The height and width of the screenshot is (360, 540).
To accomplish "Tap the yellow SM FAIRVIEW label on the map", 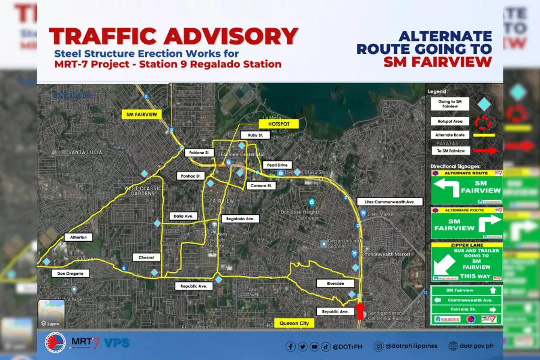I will click(142, 113).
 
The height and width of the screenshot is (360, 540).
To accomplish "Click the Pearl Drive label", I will click(276, 165).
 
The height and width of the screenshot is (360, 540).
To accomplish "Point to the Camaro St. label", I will click(260, 186).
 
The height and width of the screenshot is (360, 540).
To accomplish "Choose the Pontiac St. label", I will click(191, 176).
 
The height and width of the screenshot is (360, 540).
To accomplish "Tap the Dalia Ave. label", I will click(183, 216).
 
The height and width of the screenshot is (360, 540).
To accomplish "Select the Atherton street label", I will click(79, 238).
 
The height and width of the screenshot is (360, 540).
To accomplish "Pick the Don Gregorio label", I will click(70, 274).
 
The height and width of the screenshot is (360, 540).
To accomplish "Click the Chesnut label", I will click(147, 257).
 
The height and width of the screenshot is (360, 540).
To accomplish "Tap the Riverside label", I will click(335, 283).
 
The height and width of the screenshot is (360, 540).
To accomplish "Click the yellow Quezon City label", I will click(294, 323).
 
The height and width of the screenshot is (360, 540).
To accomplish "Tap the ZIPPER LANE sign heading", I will click(466, 245).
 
